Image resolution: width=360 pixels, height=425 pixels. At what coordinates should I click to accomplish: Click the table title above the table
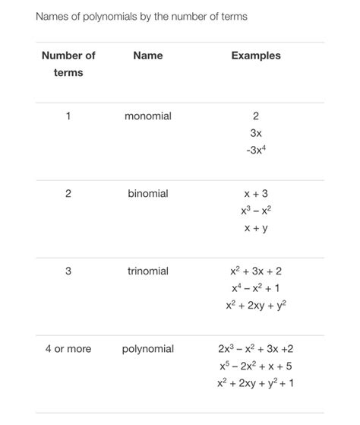pos(141,16)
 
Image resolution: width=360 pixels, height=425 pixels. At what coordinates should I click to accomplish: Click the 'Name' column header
pos(147,56)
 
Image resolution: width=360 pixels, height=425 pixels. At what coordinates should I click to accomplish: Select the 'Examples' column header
pos(256,56)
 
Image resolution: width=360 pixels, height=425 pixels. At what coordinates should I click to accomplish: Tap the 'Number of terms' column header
pos(68,64)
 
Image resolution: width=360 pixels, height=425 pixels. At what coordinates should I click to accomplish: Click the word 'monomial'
pos(148,116)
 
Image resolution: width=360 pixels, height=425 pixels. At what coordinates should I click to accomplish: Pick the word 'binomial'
pos(148,194)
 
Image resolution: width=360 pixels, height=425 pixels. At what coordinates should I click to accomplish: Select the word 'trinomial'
pos(148,271)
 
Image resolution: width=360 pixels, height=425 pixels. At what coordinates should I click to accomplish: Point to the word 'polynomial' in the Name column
pos(148,349)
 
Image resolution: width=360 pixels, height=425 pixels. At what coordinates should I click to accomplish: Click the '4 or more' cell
pos(68,349)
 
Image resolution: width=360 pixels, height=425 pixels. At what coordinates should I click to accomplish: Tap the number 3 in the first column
pos(68,271)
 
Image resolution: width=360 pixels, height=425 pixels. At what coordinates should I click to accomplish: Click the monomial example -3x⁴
pos(256,150)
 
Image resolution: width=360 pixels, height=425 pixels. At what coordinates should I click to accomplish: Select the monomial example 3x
pos(256,133)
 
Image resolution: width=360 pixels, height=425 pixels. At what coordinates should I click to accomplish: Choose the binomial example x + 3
pos(256,194)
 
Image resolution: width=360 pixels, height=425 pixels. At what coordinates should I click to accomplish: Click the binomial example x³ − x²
pos(256,211)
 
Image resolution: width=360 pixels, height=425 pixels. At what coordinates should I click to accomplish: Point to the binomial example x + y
pos(256,227)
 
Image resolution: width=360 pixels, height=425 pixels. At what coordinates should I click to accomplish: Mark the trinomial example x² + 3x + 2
pos(256,271)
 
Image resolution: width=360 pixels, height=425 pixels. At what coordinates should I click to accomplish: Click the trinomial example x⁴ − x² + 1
pos(256,288)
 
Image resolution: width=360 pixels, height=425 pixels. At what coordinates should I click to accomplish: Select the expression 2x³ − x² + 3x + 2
pos(256,349)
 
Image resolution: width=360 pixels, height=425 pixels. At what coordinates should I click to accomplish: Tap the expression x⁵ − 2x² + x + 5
pos(256,366)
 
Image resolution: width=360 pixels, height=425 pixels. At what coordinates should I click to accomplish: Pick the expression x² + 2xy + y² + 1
pos(256,382)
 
